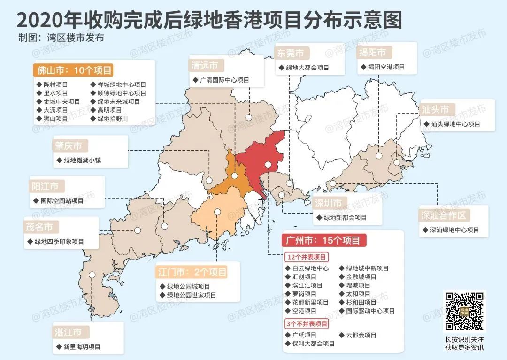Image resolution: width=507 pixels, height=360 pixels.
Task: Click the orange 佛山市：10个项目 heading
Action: pyautogui.click(x=74, y=70)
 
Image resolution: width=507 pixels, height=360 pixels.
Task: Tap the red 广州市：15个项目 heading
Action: pyautogui.click(x=324, y=241)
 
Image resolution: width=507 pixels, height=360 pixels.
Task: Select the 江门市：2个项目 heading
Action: pyautogui.click(x=192, y=272)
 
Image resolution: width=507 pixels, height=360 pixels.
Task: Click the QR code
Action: pyautogui.click(x=464, y=311)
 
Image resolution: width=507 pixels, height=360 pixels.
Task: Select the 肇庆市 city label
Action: pyautogui.click(x=69, y=146)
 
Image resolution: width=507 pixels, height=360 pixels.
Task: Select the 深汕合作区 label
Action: pyautogui.click(x=444, y=215)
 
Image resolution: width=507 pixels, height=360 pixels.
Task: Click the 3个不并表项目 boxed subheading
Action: pyautogui.click(x=307, y=324)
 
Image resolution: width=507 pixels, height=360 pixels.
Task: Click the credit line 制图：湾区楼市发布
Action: pyautogui.click(x=61, y=38)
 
